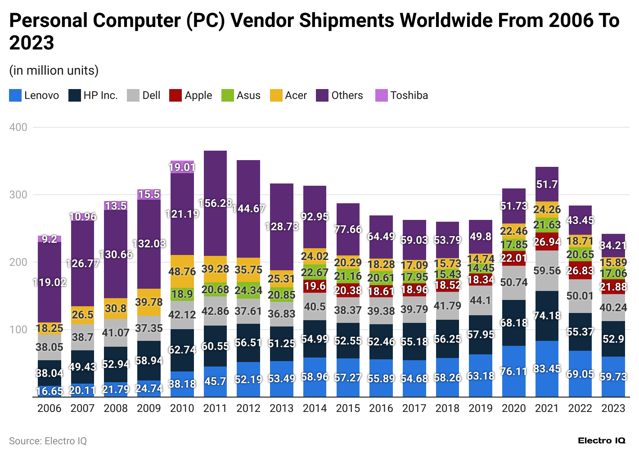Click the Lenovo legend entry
34,95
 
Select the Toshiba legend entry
401,95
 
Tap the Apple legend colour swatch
175,95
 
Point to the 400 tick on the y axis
18,127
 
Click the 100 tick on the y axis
18,330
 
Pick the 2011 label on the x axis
215,408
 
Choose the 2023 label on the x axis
613,408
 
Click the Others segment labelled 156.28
215,203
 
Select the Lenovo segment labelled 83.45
547,369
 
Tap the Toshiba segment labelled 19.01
182,167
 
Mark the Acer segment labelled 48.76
182,272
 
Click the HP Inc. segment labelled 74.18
547,316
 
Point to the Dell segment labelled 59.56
547,271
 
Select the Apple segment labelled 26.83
580,270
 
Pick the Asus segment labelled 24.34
248,291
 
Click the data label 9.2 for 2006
49,239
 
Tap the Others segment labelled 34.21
613,246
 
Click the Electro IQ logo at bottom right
602,441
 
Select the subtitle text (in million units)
54,71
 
